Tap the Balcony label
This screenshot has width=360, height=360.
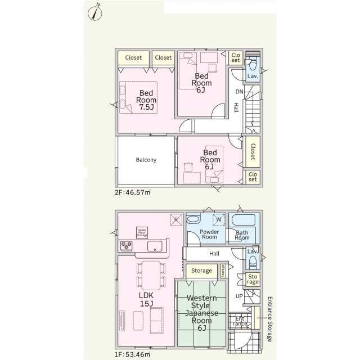coord(146,160)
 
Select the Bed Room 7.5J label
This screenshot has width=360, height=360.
coord(147,100)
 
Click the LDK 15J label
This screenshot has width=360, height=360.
coord(146,299)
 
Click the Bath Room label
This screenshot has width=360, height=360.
coord(242,235)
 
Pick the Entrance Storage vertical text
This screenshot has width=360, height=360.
coord(269,319)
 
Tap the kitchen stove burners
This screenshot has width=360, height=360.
coord(125,246)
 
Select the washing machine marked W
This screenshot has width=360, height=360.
coord(218,219)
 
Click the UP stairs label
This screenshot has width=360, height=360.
coord(240,295)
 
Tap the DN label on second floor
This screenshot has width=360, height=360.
coord(239,92)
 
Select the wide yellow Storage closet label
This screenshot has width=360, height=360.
coord(201,271)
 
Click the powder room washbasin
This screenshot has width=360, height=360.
coord(195,219)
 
